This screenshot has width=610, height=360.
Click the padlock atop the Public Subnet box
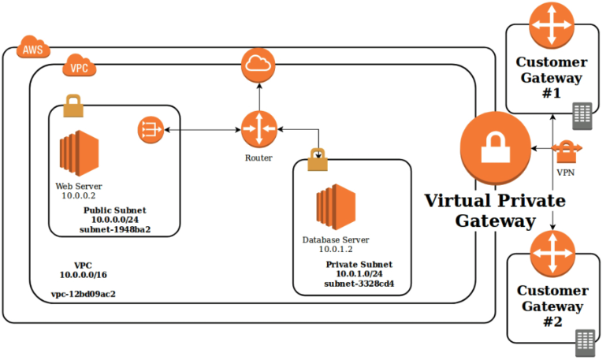click(73, 106)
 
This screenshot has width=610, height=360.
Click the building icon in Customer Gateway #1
click(582, 115)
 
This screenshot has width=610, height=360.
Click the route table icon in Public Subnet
click(150, 129)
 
